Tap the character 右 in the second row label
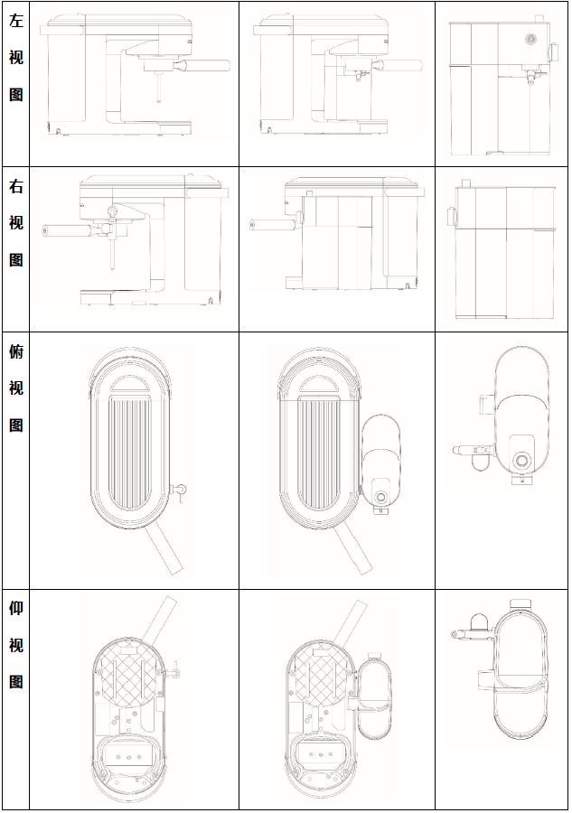click(x=15, y=187)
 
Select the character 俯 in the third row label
click(x=15, y=351)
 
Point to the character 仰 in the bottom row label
click(x=15, y=607)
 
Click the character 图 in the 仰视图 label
click(x=15, y=682)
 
